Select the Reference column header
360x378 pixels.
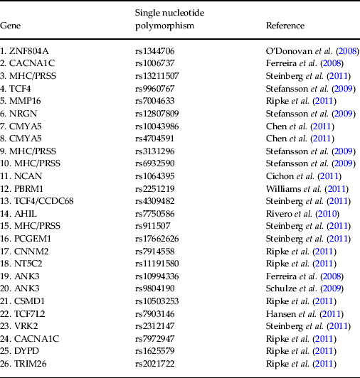285,26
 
